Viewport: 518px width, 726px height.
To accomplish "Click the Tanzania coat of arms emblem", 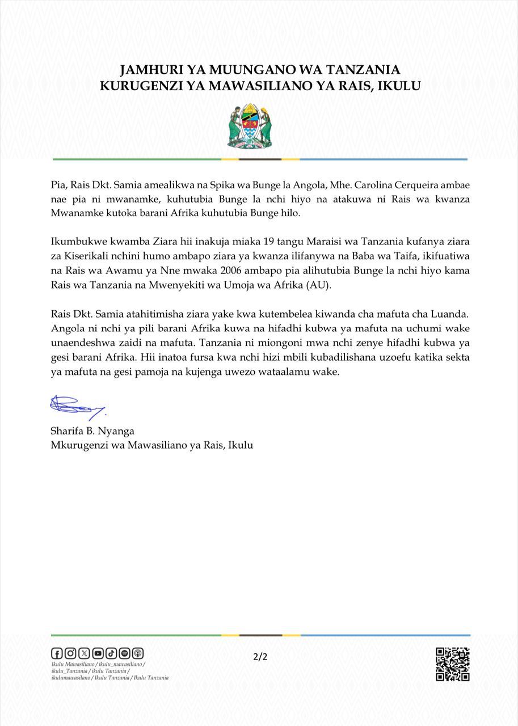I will (250, 126).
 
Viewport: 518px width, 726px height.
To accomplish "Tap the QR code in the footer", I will (452, 664).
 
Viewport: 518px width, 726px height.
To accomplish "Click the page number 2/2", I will (260, 657).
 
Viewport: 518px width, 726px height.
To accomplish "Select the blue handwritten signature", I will (77, 406).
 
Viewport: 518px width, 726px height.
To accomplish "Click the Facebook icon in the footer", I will (57, 653).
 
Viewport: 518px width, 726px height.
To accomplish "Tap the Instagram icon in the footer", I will (70, 653).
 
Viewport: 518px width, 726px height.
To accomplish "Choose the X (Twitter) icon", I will (84, 653).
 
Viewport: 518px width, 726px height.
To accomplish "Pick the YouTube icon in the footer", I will (98, 653).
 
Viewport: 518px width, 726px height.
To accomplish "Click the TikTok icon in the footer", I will (111, 653).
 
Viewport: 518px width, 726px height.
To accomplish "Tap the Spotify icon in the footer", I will (124, 653).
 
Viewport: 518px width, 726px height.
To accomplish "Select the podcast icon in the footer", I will (138, 653).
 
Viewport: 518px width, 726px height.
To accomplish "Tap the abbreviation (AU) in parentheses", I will (318, 285).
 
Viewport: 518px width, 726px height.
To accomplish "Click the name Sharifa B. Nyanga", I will (92, 430).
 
